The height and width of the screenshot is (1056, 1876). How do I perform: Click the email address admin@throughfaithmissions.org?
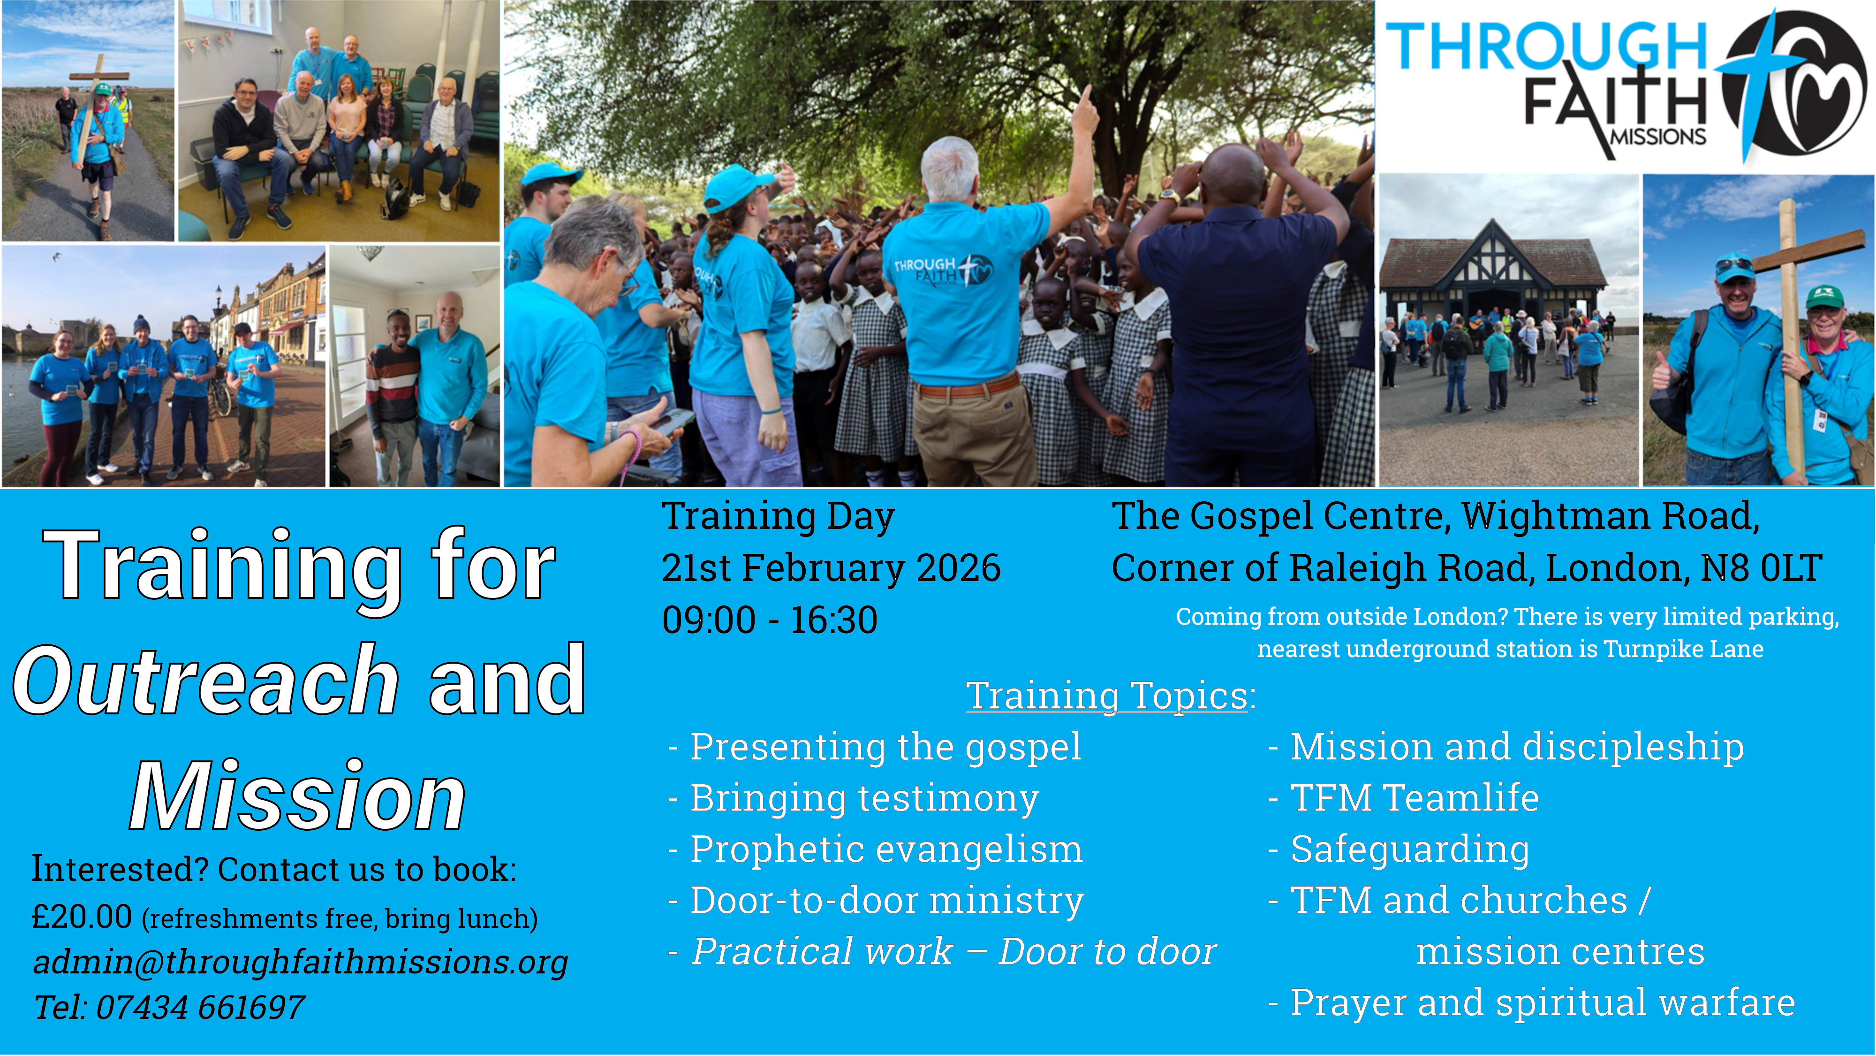(x=300, y=962)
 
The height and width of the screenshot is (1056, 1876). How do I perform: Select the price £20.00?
(x=82, y=917)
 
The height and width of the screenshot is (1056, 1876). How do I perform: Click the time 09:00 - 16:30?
(x=770, y=620)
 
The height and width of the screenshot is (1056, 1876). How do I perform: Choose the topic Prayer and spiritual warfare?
(x=1543, y=1003)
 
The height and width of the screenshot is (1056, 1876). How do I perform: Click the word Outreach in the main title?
(x=206, y=681)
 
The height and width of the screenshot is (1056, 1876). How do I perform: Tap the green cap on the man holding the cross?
(x=1824, y=298)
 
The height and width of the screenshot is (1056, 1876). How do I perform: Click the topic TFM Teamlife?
(x=1415, y=798)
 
